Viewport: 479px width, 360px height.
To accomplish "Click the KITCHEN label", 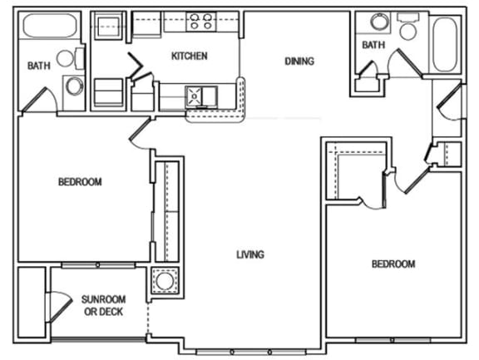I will pos(189,57).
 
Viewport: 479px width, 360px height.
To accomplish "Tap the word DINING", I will pos(299,61).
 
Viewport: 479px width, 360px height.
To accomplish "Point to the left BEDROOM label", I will pos(80,182).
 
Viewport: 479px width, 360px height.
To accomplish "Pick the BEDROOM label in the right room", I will pos(393,264).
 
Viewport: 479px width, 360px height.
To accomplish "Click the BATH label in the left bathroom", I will pos(38,66).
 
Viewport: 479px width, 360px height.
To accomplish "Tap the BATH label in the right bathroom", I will pos(373,46).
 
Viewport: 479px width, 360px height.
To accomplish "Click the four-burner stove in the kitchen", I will pos(200,22).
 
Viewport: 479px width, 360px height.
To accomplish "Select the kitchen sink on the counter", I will pos(198,94).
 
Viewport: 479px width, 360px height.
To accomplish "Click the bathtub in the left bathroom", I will pos(50,26).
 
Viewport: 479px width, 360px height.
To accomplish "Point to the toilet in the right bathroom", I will pos(408,28).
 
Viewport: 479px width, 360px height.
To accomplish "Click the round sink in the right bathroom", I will pos(379,22).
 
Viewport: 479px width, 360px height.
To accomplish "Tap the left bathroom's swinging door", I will pos(37,99).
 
